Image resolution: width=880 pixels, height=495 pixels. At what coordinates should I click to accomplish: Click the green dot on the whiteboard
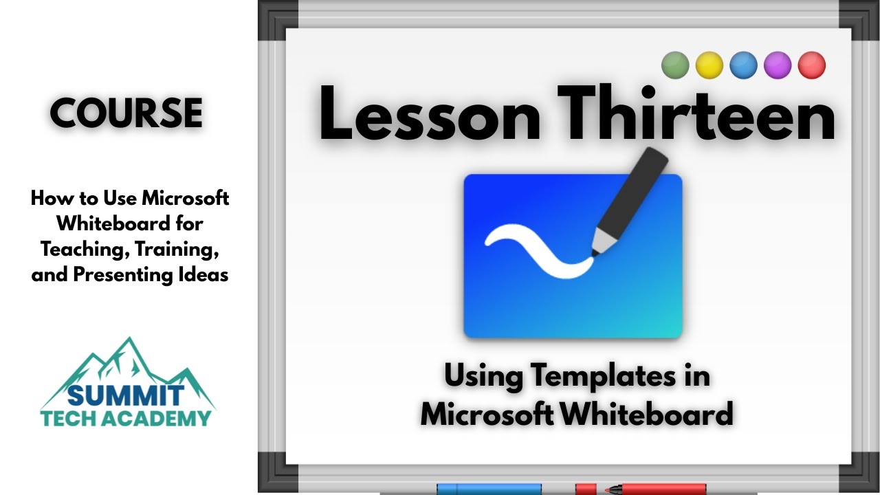(675, 65)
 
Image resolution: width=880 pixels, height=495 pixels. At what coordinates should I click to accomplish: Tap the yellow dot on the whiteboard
(709, 65)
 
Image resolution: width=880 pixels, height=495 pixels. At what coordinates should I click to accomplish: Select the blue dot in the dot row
(743, 65)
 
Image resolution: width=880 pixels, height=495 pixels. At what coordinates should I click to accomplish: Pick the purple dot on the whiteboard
(778, 65)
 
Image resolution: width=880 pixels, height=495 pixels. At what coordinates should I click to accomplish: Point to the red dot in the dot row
(812, 65)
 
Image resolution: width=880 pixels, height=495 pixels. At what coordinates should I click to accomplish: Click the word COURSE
(126, 113)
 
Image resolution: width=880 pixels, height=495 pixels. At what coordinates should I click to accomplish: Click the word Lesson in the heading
(430, 114)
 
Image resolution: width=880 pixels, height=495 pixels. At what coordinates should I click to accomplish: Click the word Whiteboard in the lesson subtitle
(647, 414)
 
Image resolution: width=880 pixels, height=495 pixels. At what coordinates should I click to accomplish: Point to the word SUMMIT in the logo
(126, 395)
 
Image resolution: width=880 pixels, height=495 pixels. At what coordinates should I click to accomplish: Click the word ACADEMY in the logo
(159, 419)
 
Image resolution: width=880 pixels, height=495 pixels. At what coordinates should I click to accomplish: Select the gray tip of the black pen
(603, 242)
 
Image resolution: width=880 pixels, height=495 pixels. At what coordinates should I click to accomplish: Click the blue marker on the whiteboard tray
(489, 489)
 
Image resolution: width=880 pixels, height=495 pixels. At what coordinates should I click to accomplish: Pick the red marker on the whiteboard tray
(641, 489)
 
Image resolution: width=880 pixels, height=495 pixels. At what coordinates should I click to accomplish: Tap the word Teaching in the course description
(85, 250)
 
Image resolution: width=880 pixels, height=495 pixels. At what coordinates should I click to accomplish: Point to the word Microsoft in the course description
(186, 198)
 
